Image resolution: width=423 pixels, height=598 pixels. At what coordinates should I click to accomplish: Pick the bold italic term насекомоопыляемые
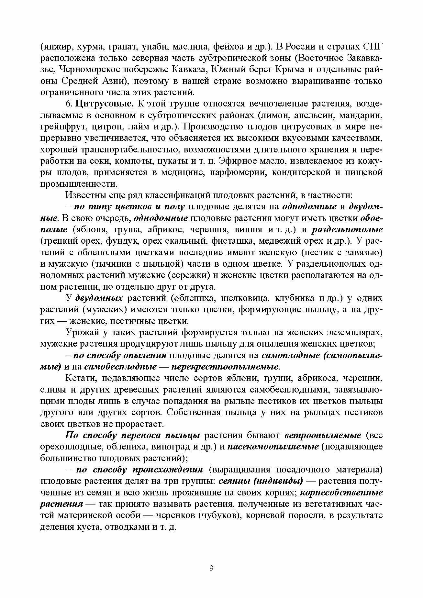click(x=273, y=447)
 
